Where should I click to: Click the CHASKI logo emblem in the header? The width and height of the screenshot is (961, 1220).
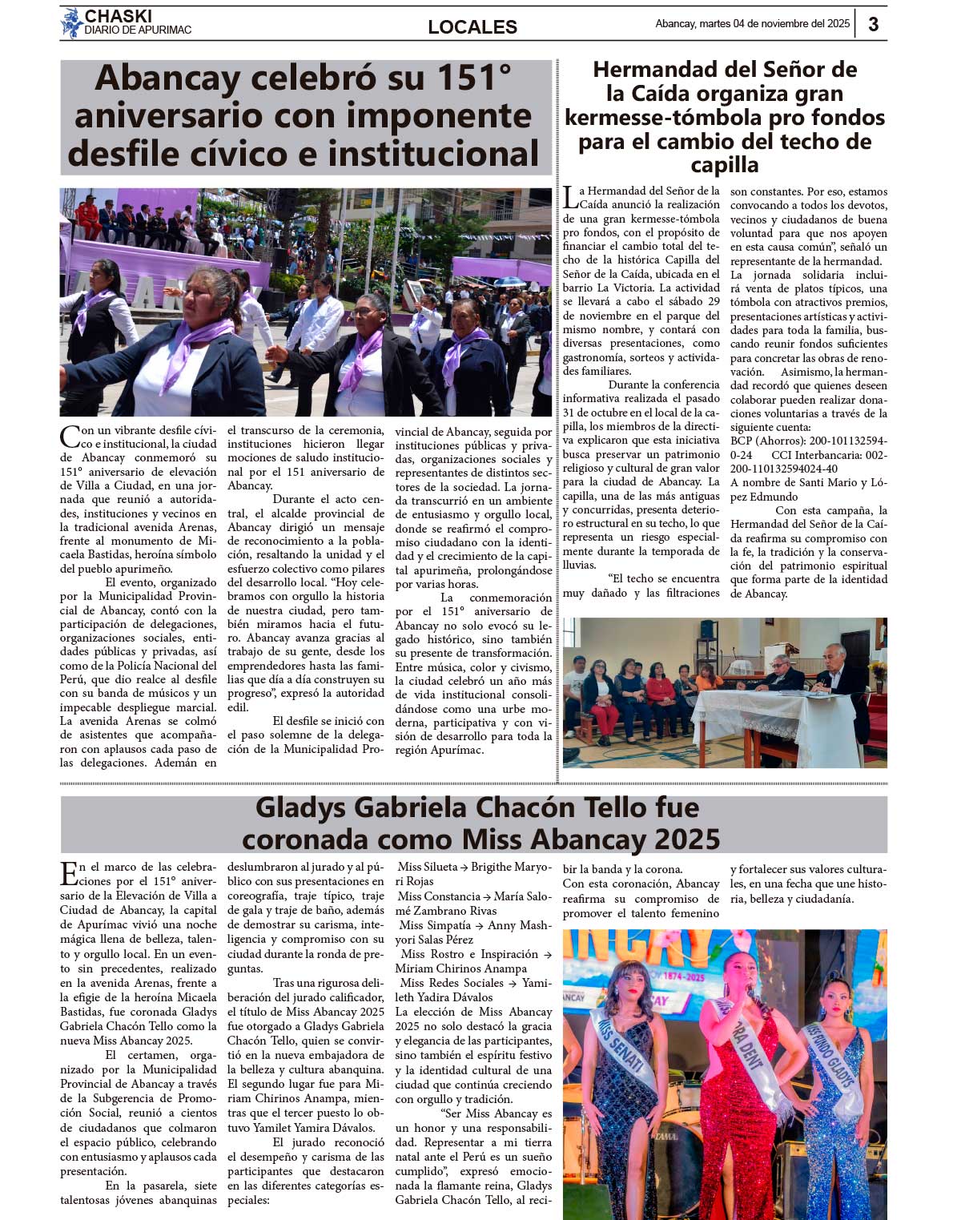pyautogui.click(x=72, y=23)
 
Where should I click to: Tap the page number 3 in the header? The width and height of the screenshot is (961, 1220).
pyautogui.click(x=873, y=24)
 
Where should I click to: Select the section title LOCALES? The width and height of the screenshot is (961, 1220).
pyautogui.click(x=472, y=27)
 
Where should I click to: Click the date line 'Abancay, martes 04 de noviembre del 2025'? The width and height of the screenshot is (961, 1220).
pyautogui.click(x=752, y=24)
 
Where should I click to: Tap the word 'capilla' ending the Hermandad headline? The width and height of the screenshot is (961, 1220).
pyautogui.click(x=725, y=165)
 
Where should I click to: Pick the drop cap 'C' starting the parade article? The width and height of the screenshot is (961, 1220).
pyautogui.click(x=70, y=437)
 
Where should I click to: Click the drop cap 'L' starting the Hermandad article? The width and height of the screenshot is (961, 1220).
pyautogui.click(x=569, y=197)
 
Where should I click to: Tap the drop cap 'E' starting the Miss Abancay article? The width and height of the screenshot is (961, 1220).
pyautogui.click(x=69, y=873)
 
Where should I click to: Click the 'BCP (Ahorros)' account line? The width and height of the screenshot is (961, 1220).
pyautogui.click(x=808, y=441)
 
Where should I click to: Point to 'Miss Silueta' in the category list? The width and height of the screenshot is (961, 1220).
pyautogui.click(x=428, y=867)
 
